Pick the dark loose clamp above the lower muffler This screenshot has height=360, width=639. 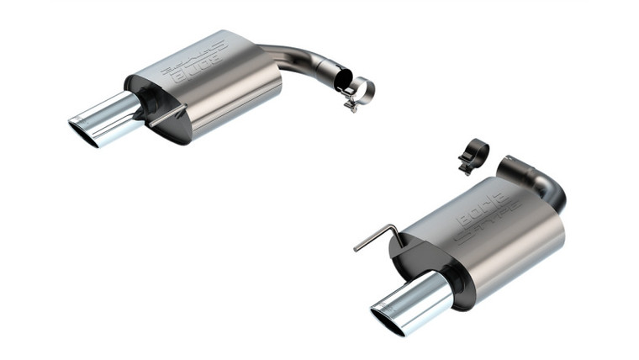(x=475, y=154)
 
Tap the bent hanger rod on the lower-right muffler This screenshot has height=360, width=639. (x=378, y=235)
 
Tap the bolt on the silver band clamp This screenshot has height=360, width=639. (x=351, y=104)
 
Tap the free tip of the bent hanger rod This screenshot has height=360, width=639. (x=356, y=249)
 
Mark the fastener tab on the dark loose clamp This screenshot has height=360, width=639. (x=464, y=167)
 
